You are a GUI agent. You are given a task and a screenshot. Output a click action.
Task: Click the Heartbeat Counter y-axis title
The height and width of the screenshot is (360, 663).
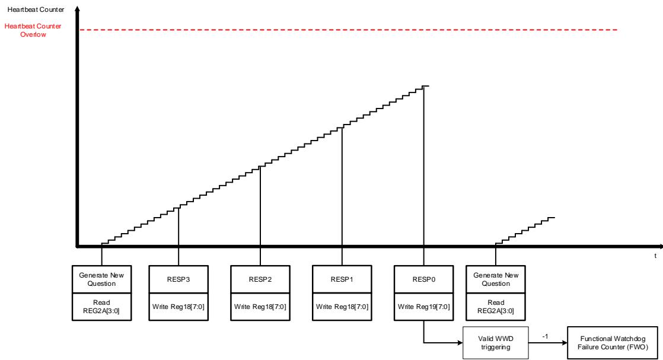click(x=36, y=9)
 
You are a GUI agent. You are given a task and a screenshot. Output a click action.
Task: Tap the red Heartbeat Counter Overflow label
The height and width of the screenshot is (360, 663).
click(x=33, y=30)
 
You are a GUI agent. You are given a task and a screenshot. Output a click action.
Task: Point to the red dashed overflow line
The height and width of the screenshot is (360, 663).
click(x=349, y=30)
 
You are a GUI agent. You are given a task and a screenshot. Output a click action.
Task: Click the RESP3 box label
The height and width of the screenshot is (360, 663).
click(x=179, y=279)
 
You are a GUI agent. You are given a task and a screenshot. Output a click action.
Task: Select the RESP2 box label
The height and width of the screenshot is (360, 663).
click(x=260, y=279)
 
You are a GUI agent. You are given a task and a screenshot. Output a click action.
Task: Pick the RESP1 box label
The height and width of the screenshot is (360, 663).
click(x=342, y=279)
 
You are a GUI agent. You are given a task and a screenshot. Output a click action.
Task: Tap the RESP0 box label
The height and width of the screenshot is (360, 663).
click(x=423, y=279)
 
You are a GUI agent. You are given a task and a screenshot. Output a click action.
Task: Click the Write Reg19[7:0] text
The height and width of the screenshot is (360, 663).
click(x=423, y=307)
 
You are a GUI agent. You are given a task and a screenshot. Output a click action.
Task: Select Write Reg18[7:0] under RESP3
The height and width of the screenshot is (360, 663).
click(x=179, y=307)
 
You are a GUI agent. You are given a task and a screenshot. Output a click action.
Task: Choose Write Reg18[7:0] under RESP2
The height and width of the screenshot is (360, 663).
click(x=260, y=307)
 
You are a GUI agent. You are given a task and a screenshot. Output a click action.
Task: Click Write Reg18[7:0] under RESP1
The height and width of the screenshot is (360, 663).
click(x=342, y=307)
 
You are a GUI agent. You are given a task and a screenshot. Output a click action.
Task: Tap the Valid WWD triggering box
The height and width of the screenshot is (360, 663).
click(x=496, y=343)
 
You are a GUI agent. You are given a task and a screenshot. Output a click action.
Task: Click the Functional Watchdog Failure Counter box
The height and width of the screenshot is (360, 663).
click(x=613, y=343)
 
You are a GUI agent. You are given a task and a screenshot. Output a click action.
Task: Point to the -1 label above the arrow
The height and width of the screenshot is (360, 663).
click(x=545, y=336)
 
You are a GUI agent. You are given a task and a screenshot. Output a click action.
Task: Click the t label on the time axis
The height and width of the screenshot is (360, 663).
click(x=655, y=256)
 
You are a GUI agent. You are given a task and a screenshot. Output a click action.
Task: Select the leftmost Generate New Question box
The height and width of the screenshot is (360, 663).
click(x=101, y=279)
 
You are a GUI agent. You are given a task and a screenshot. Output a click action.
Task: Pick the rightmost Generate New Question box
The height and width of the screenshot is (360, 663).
click(x=496, y=279)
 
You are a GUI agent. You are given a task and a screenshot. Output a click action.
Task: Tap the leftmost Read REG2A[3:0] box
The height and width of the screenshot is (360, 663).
click(x=101, y=307)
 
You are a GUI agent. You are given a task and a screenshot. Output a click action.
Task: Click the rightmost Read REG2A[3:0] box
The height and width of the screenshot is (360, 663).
click(x=496, y=307)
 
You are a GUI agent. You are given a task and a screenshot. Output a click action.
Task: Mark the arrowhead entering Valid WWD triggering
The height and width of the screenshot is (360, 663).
click(x=460, y=343)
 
